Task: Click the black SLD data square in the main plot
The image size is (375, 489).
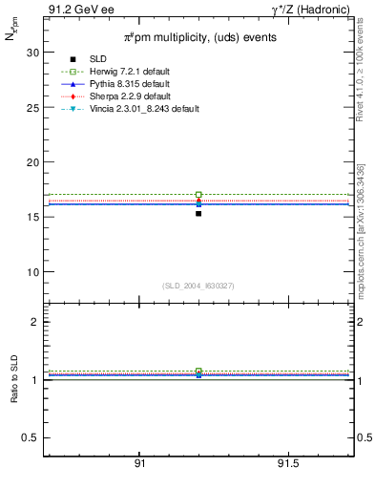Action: click(198, 213)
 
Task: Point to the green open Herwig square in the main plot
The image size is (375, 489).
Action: click(198, 195)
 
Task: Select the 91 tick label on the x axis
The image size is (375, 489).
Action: click(139, 463)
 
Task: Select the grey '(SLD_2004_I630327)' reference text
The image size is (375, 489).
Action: click(198, 286)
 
